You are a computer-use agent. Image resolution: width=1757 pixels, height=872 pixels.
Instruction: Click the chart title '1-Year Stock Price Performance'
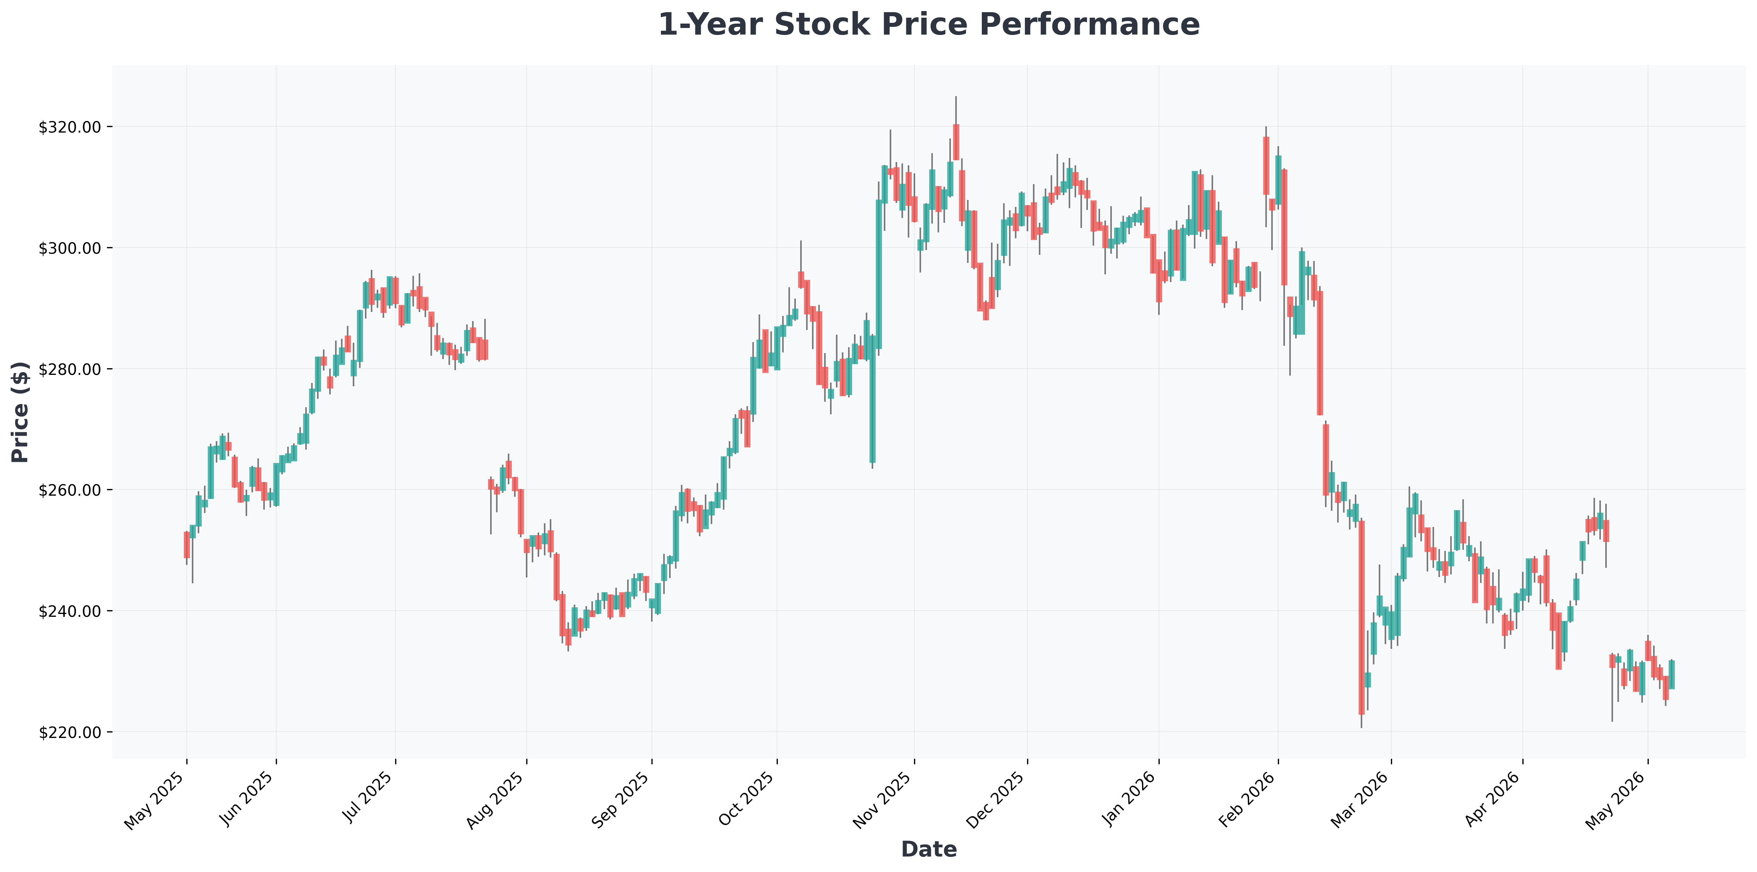click(x=928, y=25)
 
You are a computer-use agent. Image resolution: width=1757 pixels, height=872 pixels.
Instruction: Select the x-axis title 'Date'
click(x=928, y=849)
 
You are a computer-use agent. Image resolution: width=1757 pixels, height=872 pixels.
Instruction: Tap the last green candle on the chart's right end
click(x=1672, y=674)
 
